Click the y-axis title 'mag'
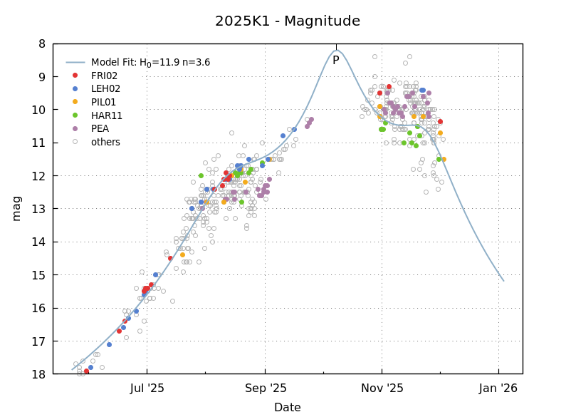(16, 208)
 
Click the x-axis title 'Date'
(288, 408)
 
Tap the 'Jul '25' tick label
(147, 388)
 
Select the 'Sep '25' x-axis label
(265, 388)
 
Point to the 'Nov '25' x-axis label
(382, 388)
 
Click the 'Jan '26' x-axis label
(498, 388)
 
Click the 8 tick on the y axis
(41, 44)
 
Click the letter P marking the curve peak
(336, 61)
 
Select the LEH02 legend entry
(105, 89)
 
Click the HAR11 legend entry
(107, 115)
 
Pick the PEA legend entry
(100, 129)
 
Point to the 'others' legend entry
(105, 142)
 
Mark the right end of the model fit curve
(503, 280)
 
